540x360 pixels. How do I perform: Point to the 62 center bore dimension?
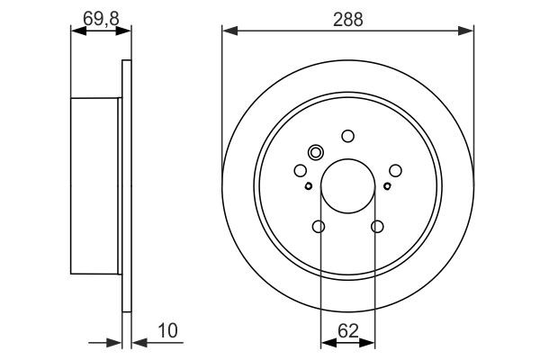(347, 330)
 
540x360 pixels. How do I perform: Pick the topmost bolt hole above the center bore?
(347, 137)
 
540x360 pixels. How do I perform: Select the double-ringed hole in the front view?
(316, 152)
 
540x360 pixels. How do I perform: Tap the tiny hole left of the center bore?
(308, 186)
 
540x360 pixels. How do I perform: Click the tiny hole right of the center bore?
(387, 186)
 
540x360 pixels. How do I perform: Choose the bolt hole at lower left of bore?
(319, 227)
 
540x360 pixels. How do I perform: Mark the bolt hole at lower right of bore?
(377, 227)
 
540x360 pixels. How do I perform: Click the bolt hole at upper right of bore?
(395, 169)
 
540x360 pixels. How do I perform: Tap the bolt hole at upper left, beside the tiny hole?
(300, 170)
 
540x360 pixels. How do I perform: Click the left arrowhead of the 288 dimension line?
(229, 31)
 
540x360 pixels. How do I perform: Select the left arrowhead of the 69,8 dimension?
(76, 31)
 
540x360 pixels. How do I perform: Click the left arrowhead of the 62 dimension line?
(326, 342)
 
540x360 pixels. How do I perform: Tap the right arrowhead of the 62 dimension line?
(370, 342)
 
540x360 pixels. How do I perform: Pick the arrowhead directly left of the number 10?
(137, 342)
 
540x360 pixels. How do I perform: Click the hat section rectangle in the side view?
(94, 184)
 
